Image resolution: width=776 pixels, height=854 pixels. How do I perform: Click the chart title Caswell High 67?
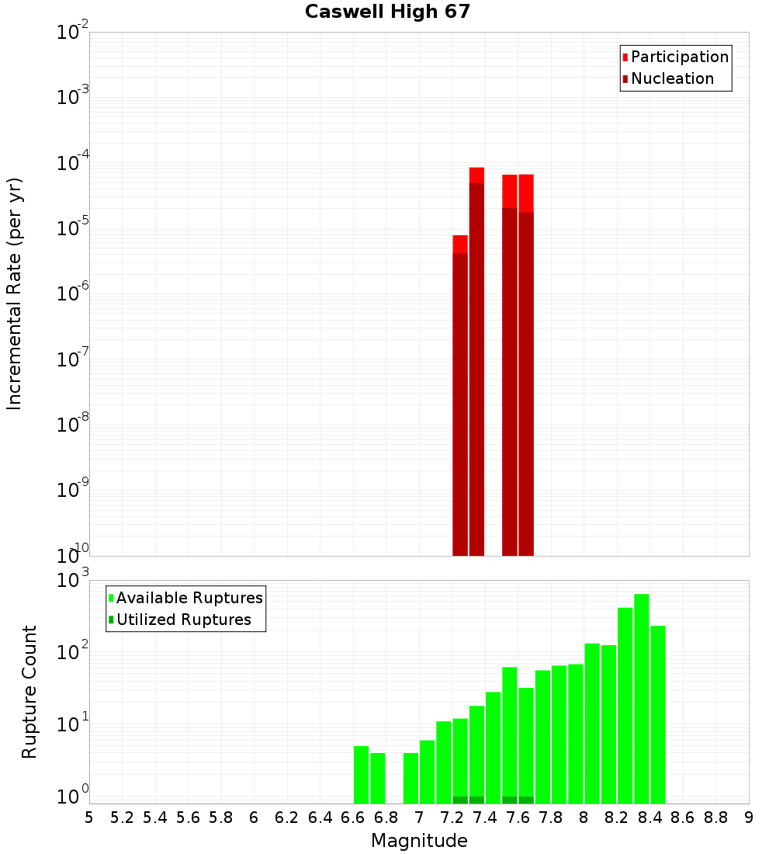pos(387,12)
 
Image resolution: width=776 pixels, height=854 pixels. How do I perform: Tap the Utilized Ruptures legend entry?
pos(183,620)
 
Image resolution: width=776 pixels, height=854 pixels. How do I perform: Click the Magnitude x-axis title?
pos(419,841)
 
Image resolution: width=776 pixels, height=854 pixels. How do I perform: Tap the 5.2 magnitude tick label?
pos(122,818)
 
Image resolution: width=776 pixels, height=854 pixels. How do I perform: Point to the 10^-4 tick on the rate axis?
pos(73,163)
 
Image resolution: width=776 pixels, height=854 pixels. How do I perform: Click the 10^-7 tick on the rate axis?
pos(73,359)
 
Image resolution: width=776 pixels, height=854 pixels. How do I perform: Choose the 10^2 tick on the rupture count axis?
pos(73,651)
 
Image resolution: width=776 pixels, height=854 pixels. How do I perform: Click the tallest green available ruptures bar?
pos(642,699)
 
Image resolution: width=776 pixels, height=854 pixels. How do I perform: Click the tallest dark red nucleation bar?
pos(476,369)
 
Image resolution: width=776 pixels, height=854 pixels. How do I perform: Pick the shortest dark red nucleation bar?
pos(460,404)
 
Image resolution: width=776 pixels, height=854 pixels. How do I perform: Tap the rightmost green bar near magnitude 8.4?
pos(658,714)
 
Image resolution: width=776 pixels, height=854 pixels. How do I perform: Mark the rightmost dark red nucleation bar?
pos(526,384)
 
